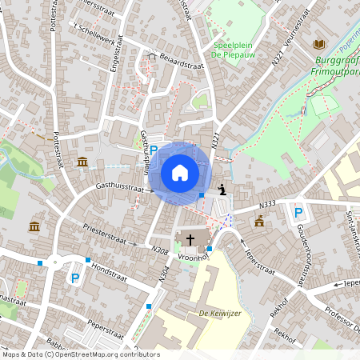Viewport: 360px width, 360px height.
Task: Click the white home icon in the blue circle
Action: [x=180, y=173]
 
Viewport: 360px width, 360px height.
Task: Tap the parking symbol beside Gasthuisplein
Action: [x=154, y=150]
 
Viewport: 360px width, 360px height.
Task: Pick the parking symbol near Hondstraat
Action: [x=75, y=278]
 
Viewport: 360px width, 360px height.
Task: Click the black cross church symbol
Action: [x=190, y=238]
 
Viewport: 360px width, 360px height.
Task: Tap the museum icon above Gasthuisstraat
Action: [x=82, y=162]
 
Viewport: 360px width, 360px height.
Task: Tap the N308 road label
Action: [x=160, y=249]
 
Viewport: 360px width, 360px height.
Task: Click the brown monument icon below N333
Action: [x=258, y=221]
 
